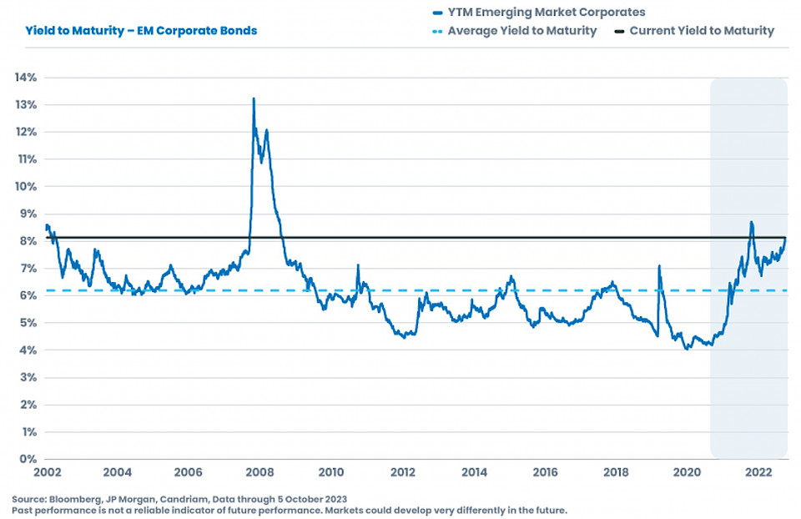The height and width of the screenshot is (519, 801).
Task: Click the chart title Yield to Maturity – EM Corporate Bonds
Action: coord(141,31)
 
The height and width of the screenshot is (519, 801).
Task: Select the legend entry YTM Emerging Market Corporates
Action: coord(547,13)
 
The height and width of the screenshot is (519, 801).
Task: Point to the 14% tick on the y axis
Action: coord(25,78)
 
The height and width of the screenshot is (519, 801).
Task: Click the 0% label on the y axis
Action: coord(28,459)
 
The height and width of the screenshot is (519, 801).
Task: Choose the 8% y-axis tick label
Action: coord(28,241)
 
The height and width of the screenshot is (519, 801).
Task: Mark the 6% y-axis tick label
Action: coord(28,295)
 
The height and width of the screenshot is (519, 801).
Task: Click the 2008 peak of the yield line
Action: coord(254,98)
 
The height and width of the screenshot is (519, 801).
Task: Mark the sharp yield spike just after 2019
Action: coord(659,266)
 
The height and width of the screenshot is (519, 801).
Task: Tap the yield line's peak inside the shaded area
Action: coord(752,222)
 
